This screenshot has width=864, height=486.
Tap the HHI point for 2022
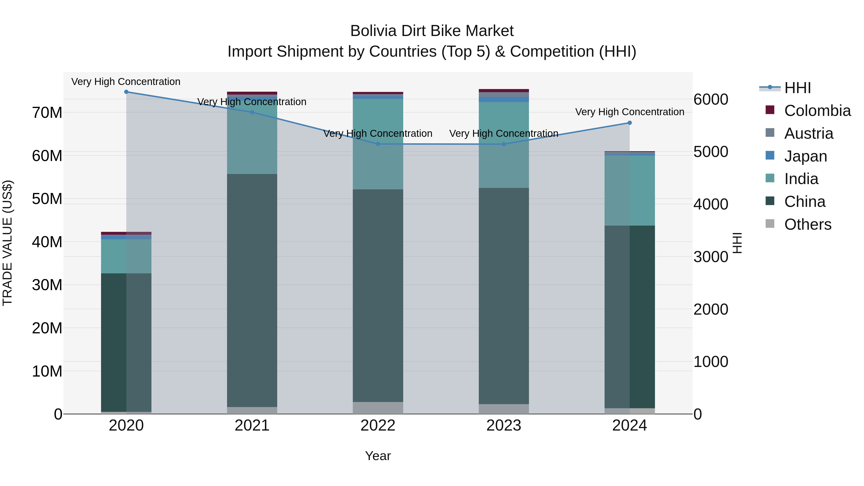(378, 144)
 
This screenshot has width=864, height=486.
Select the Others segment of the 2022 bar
(378, 408)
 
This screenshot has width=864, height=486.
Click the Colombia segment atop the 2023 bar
(504, 90)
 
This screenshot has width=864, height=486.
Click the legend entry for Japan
(805, 156)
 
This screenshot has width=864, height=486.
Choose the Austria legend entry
(808, 133)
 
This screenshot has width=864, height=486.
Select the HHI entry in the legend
(797, 88)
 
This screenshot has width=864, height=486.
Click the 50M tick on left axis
(47, 199)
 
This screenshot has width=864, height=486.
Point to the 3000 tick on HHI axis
(711, 257)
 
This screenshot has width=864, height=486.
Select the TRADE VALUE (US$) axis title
(7, 243)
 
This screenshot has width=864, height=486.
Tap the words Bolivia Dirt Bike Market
(432, 31)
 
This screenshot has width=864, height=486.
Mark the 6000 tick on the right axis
(711, 100)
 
